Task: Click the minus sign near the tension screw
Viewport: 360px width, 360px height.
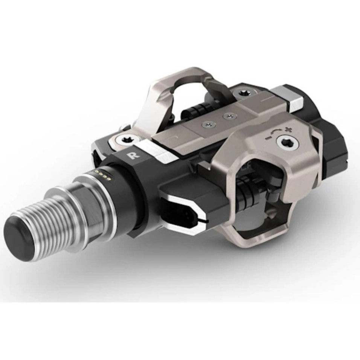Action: tap(267, 138)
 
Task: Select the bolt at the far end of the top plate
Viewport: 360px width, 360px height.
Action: tap(243, 93)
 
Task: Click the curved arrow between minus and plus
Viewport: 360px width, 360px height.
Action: tap(275, 131)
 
